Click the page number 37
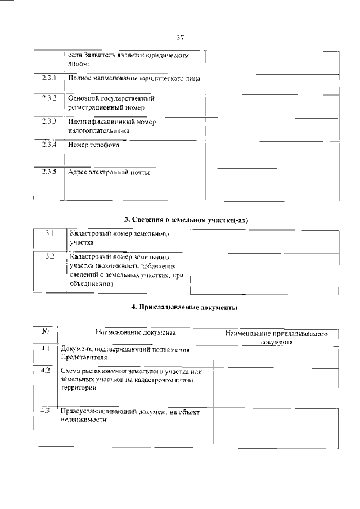pyautogui.click(x=180, y=38)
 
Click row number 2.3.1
pyautogui.click(x=49, y=78)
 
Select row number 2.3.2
pyautogui.click(x=49, y=98)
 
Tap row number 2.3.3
pyautogui.click(x=49, y=121)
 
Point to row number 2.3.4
pyautogui.click(x=49, y=145)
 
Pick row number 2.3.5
pyautogui.click(x=49, y=172)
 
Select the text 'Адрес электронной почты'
pyautogui.click(x=109, y=172)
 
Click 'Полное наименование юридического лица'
pyautogui.click(x=134, y=78)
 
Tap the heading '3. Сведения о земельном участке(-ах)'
pyautogui.click(x=186, y=220)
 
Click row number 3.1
pyautogui.click(x=49, y=233)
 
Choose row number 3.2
pyautogui.click(x=49, y=256)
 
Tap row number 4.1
pyautogui.click(x=46, y=349)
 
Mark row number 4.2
pyautogui.click(x=46, y=371)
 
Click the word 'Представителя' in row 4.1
pyautogui.click(x=83, y=357)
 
